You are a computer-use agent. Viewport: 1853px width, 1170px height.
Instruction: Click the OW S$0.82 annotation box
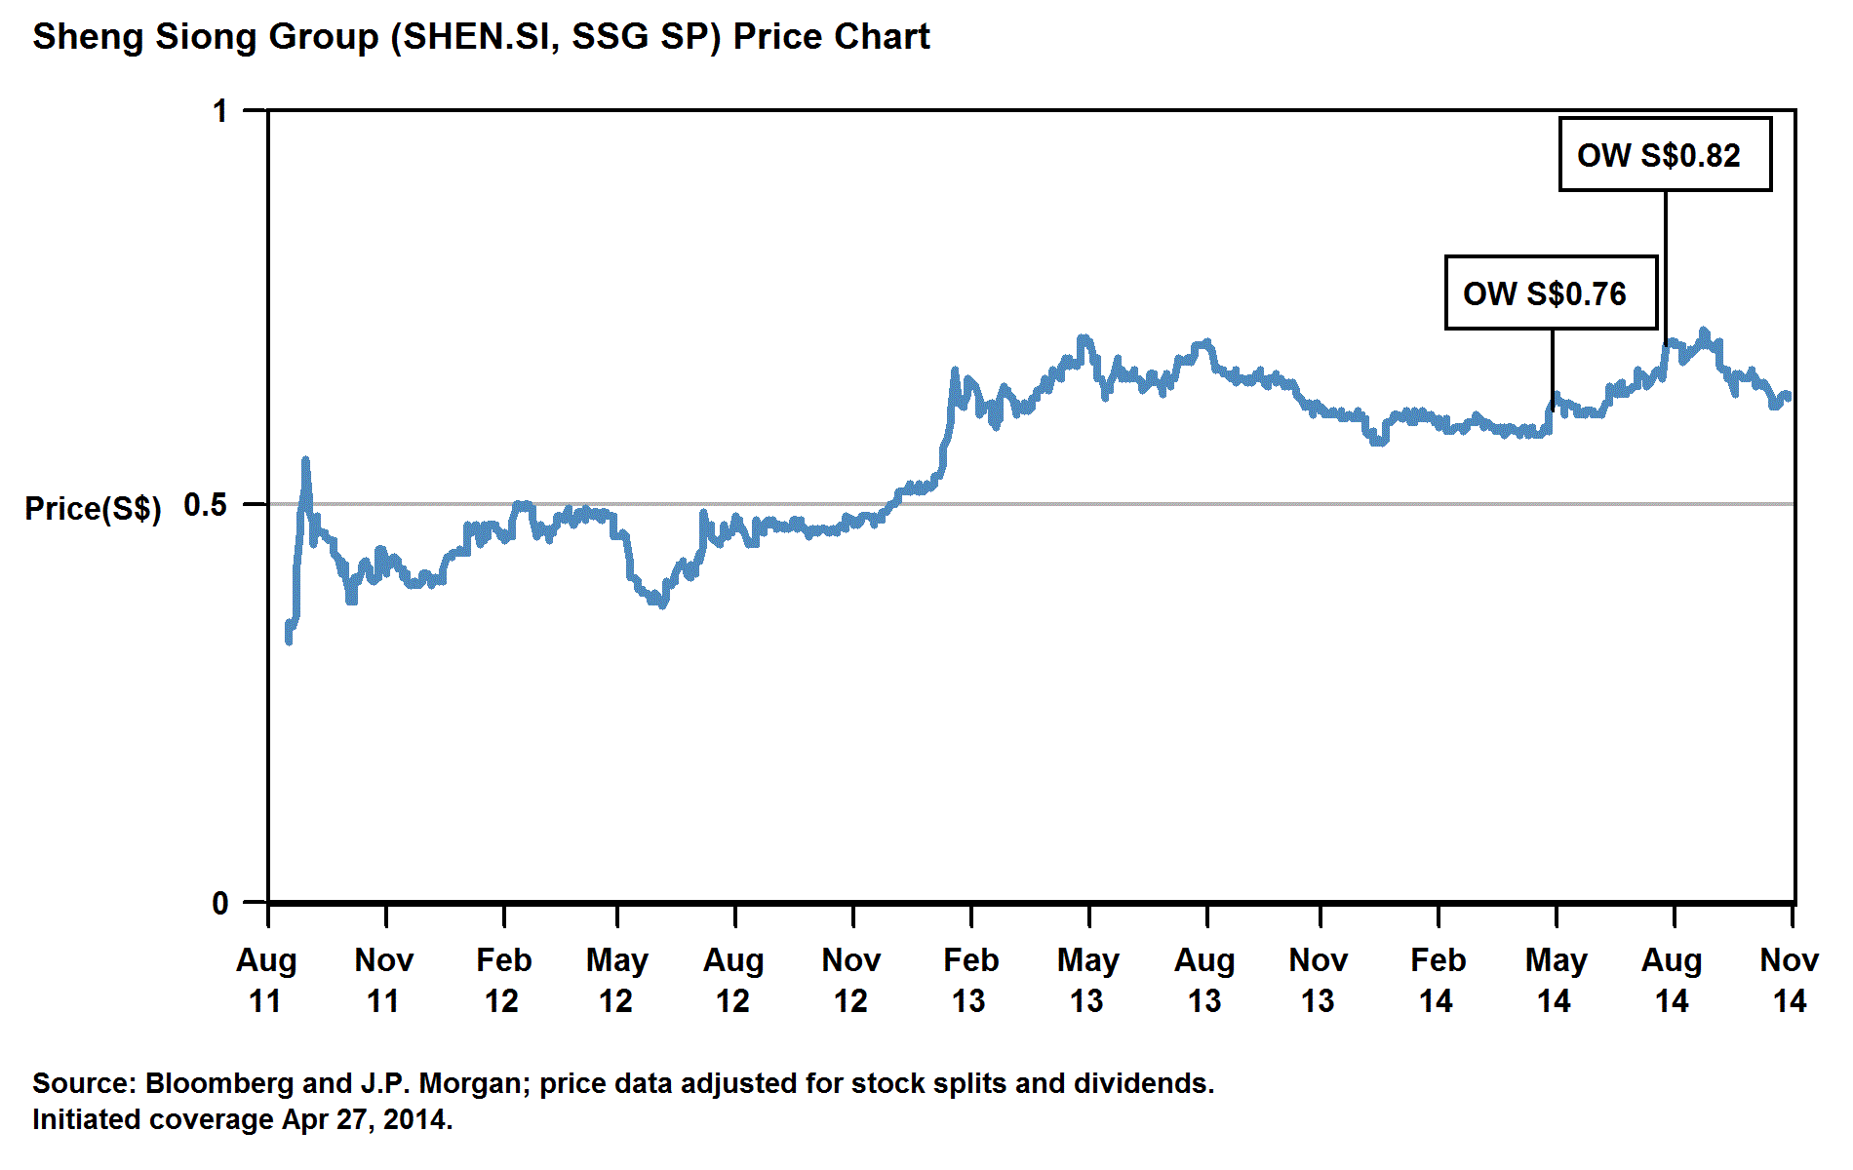pos(1665,155)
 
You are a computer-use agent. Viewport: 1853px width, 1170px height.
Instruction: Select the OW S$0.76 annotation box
pos(1551,293)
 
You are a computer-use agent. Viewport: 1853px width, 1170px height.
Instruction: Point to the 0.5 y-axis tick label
pos(205,505)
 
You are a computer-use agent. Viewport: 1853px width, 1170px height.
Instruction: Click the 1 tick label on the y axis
pos(221,111)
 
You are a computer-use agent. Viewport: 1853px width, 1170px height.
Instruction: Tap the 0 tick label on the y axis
pos(220,903)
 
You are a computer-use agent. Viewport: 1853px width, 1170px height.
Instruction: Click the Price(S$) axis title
pos(94,508)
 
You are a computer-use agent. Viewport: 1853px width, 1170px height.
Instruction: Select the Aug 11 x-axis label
pos(266,980)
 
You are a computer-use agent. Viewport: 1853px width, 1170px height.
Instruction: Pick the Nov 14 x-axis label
pos(1789,980)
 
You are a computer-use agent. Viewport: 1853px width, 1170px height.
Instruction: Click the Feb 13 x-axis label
pos(970,980)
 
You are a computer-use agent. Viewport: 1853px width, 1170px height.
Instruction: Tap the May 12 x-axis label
pos(616,980)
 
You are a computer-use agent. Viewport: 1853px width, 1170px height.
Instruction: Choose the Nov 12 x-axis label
pos(851,980)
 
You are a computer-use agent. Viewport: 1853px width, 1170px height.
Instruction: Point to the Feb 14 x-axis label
pos(1438,980)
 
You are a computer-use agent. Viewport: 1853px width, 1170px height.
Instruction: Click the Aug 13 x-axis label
pos(1204,980)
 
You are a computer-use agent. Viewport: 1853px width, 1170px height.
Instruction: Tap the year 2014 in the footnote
pos(415,1119)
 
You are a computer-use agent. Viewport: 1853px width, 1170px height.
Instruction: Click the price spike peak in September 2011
pos(306,459)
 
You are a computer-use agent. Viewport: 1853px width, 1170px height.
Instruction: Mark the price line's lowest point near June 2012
pos(663,605)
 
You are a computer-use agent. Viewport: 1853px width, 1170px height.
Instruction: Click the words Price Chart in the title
pos(831,37)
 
